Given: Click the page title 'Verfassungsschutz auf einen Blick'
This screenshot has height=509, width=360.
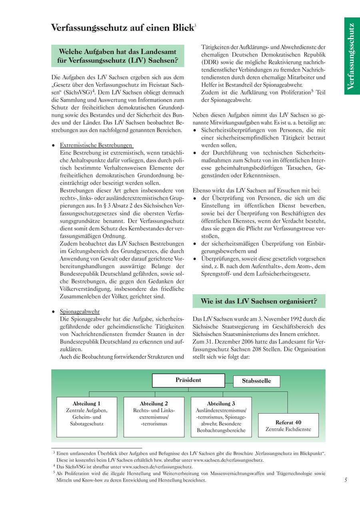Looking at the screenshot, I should [x=122, y=28].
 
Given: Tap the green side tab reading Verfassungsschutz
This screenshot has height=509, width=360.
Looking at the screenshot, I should [x=350, y=56].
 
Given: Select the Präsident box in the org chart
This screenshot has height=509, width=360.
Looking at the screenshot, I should [x=188, y=380].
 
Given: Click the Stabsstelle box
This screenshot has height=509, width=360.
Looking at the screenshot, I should [x=256, y=381].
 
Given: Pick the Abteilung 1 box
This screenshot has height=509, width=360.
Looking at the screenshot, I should [x=87, y=416].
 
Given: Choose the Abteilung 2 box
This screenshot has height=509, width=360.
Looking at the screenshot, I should [x=154, y=416].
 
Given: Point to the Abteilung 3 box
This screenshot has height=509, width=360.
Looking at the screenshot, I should [x=221, y=416].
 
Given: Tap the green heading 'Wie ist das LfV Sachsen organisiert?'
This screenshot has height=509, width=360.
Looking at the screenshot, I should [x=259, y=301].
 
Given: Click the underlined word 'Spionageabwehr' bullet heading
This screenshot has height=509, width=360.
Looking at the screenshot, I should [x=80, y=311].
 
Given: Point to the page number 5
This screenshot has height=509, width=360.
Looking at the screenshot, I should [x=346, y=480].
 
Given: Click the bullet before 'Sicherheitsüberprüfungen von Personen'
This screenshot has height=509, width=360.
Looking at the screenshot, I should [x=195, y=130].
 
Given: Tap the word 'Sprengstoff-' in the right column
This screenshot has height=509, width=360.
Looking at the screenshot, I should [x=217, y=274].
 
